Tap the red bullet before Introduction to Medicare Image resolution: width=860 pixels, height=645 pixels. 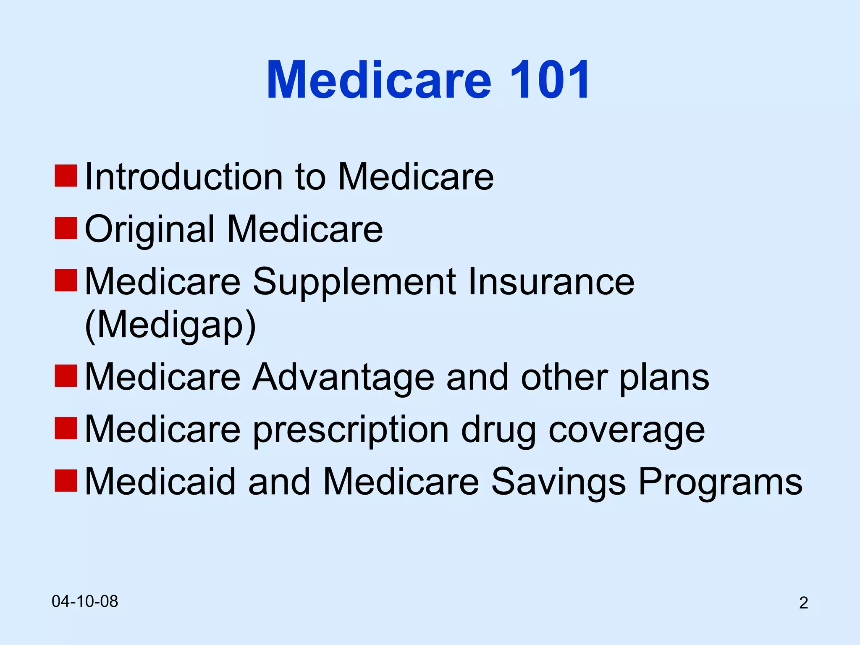[66, 176]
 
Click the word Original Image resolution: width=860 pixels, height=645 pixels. [150, 230]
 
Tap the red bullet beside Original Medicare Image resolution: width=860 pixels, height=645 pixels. [66, 228]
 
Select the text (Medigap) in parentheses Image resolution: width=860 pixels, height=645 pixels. [170, 325]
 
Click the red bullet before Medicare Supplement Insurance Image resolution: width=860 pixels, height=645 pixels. [66, 280]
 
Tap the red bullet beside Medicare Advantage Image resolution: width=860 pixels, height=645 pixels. [66, 376]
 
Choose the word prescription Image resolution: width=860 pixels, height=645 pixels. [351, 430]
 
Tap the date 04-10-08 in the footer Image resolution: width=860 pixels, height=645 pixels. [85, 601]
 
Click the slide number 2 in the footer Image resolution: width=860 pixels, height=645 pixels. [803, 603]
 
